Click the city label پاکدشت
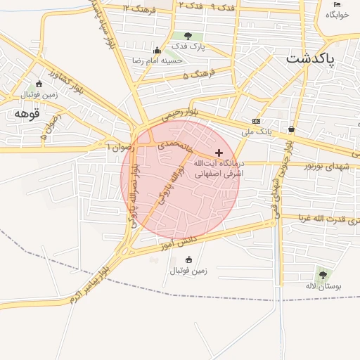tap(311, 59)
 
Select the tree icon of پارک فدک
tap(187, 36)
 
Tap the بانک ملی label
tap(256, 131)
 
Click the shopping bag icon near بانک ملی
tap(292, 129)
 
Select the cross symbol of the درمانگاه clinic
tap(219, 153)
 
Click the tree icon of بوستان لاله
tap(322, 274)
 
